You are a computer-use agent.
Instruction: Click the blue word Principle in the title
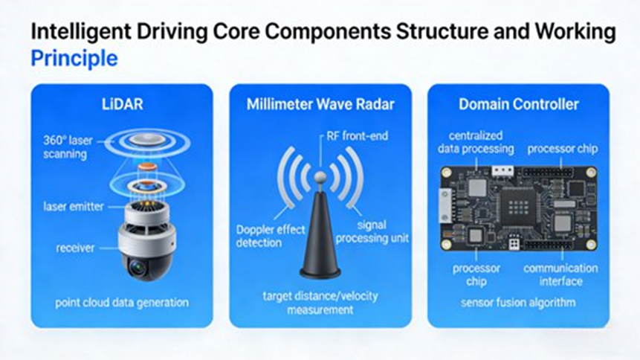point(74,59)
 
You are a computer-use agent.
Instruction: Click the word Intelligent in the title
point(81,32)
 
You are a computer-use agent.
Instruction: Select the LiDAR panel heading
point(122,104)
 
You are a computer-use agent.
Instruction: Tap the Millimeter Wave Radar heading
point(320,104)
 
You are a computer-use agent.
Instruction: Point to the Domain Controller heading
point(518,104)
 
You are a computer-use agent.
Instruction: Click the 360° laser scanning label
point(68,147)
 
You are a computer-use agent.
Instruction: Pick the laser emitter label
point(74,207)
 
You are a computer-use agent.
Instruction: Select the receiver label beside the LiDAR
point(75,248)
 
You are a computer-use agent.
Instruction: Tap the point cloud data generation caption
point(122,303)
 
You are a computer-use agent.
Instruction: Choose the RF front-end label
point(357,136)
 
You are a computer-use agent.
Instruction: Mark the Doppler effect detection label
point(271,237)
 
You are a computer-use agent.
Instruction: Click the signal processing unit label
point(372,231)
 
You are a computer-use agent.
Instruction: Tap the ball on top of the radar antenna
point(320,177)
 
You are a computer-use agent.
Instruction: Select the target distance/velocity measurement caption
point(320,303)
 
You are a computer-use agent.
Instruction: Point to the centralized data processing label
point(476,142)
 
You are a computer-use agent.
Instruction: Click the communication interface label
point(560,274)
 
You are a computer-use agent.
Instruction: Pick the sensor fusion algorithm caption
point(518,303)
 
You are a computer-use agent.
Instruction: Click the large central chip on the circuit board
point(519,208)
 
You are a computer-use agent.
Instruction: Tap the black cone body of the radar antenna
point(320,233)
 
